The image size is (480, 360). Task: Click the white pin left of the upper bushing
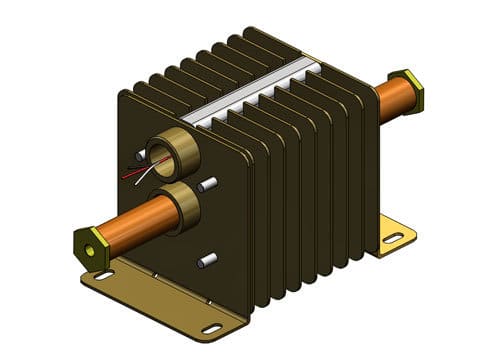137,158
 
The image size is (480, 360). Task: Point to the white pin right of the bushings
208,184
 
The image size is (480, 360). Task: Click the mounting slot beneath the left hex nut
103,275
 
